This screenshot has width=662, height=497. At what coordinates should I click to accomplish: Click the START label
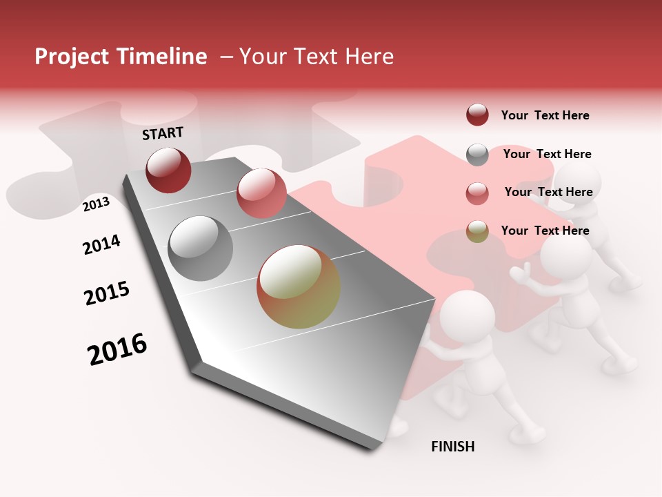tap(163, 133)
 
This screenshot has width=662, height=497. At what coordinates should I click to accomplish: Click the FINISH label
tap(453, 447)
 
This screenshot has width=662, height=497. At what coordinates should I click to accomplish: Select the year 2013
tap(96, 204)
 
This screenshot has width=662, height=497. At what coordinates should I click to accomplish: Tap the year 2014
tap(101, 244)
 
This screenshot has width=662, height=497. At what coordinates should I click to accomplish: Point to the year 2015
tap(107, 293)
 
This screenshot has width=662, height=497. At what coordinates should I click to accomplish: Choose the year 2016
tap(117, 349)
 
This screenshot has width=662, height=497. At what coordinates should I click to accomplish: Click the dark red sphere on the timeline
tap(168, 170)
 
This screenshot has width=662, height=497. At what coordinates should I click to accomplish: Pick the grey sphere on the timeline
tap(201, 248)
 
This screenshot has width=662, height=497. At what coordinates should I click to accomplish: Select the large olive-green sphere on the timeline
tap(299, 286)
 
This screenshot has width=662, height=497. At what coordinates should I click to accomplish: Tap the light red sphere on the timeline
tap(261, 193)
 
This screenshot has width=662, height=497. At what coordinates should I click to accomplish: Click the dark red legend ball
tap(477, 115)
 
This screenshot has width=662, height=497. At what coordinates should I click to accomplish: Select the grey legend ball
tap(477, 155)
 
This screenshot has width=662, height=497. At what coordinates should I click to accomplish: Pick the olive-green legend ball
tap(477, 231)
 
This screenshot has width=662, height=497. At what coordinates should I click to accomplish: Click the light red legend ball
tap(477, 193)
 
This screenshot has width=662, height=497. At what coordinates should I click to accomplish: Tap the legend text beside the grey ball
tap(547, 154)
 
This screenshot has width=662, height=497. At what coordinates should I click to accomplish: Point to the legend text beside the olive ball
tap(545, 231)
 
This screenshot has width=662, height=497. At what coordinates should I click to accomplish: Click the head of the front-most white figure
tap(468, 315)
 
